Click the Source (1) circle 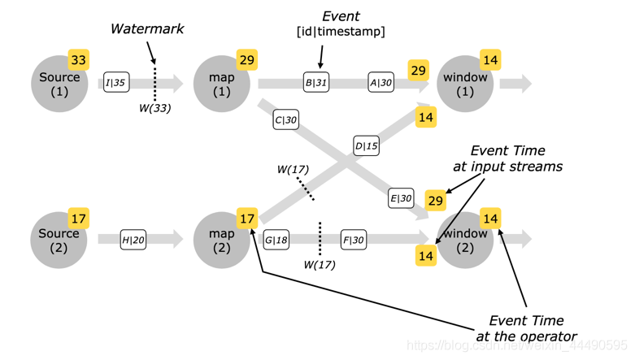tap(59, 84)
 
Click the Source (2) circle tap(59, 240)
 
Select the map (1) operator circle tap(222, 84)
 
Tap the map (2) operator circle tap(222, 240)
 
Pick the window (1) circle tap(465, 84)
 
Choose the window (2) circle tap(465, 240)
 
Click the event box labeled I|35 tap(116, 82)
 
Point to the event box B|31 tap(316, 82)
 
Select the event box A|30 tap(381, 82)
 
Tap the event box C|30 tap(285, 120)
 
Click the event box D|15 tap(366, 146)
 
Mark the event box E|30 tap(401, 198)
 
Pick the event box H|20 tap(133, 239)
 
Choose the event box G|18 tap(276, 240)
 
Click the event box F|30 tap(353, 240)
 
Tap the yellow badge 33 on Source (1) tap(79, 60)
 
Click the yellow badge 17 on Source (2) tap(79, 219)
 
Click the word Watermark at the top tap(147, 29)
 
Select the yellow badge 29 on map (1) tap(247, 60)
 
